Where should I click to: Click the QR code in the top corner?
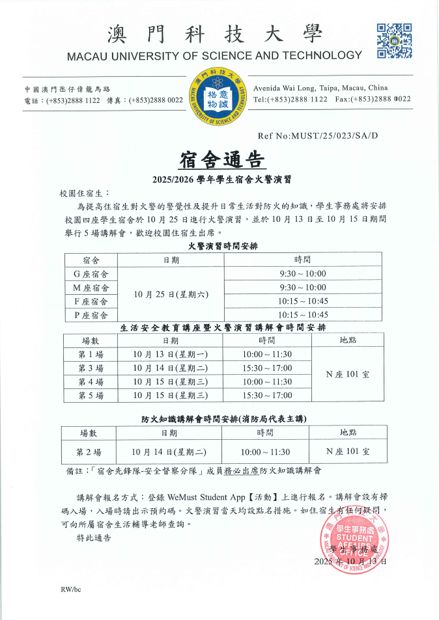point(394,41)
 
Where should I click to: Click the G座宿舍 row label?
point(91,274)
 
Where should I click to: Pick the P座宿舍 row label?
point(91,315)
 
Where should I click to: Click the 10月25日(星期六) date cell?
point(171,294)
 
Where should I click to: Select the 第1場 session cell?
point(90,354)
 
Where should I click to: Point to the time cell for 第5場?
point(267,396)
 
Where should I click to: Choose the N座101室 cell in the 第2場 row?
point(348,451)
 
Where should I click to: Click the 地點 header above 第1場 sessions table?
point(348,340)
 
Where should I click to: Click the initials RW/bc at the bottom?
point(70,589)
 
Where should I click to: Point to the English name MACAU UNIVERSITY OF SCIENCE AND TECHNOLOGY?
point(214,55)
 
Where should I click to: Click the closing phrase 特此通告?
point(94,537)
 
